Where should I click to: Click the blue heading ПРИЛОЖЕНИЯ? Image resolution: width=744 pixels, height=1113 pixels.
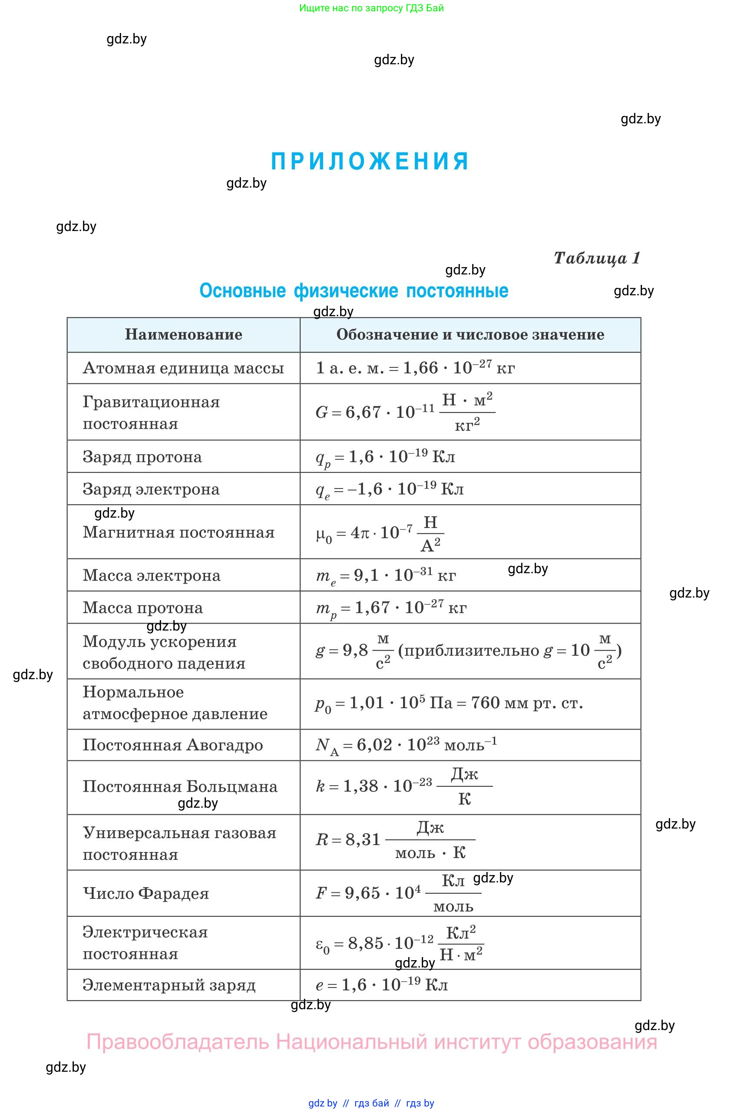tap(370, 161)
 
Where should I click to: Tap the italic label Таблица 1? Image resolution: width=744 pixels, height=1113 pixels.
tap(596, 258)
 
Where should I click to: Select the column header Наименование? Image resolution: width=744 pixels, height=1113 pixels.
tap(183, 334)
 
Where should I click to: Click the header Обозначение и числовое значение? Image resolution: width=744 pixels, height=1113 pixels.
tap(470, 334)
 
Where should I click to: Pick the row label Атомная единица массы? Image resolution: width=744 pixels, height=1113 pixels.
tap(183, 368)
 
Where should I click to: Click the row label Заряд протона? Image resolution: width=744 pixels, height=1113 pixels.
tap(142, 456)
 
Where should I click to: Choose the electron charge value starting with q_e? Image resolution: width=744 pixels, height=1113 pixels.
tap(389, 489)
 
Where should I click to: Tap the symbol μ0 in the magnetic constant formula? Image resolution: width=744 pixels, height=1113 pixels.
tap(324, 535)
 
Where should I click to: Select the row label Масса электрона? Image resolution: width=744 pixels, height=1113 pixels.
tap(151, 575)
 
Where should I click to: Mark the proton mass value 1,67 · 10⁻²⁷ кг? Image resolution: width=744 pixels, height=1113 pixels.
tap(410, 608)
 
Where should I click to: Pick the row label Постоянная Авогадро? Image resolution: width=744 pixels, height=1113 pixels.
tap(173, 745)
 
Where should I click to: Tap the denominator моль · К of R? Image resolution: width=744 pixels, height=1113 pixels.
tap(430, 852)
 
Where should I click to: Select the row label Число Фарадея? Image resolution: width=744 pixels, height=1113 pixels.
tap(145, 893)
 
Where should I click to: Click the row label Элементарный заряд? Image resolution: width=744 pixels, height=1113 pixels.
tap(169, 985)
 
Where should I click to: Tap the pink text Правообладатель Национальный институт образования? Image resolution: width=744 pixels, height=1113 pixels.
tap(371, 1042)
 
